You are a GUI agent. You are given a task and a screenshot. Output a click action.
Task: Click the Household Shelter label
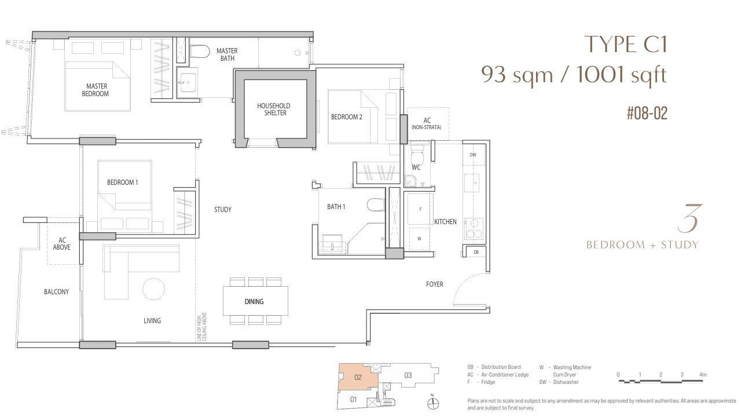pos(274,109)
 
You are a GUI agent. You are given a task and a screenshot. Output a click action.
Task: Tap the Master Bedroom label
pos(96,90)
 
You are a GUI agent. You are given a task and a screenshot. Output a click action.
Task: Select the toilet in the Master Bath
pos(200,52)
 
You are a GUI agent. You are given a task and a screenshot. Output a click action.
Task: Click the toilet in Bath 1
pos(376,204)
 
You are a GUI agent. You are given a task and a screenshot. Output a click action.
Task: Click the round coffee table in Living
pos(154,289)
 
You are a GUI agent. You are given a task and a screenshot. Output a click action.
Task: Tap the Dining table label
pos(254,302)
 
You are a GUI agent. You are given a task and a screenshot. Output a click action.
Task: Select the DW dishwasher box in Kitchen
pos(474,155)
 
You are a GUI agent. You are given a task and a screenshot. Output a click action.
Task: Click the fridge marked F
pos(420,209)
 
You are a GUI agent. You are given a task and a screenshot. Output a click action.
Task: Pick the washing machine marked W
pos(420,239)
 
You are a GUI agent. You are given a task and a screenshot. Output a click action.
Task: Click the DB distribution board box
pos(476,252)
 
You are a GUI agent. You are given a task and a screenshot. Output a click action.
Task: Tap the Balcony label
pos(57,291)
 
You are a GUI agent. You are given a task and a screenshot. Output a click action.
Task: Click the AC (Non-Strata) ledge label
pos(427,123)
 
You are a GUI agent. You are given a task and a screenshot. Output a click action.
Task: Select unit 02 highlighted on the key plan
pos(358,377)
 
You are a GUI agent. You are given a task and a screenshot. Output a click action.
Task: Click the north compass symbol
pos(433,403)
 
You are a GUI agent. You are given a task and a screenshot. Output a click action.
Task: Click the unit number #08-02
pos(647,113)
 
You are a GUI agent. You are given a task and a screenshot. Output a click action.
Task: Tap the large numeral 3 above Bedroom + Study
pos(688,218)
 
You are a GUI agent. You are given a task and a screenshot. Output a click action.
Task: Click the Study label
pos(223,210)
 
